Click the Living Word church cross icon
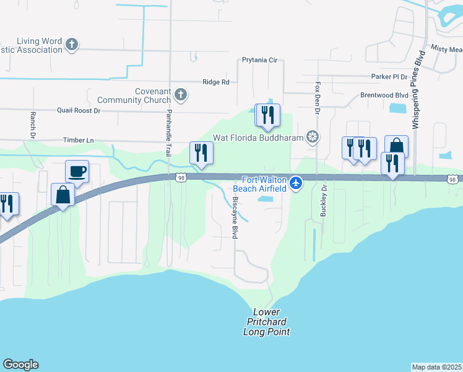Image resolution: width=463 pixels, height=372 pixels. coord(72,44)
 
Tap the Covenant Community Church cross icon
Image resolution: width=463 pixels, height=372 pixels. coord(181,94)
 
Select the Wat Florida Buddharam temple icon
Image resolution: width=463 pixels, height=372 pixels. coord(314,137)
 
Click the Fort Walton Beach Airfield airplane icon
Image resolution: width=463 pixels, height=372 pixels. coord(296,183)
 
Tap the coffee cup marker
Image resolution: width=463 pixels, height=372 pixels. coord(77,171)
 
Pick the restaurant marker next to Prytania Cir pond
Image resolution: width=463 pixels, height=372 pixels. coord(267,115)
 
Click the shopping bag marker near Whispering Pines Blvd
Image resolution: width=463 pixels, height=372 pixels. coord(396,146)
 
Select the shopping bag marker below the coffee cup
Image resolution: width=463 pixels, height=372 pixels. coord(64,195)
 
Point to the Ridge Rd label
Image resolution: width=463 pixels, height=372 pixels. coord(216,82)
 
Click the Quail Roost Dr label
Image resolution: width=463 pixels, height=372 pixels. coord(79,110)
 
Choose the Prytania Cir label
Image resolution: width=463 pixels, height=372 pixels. coord(260,61)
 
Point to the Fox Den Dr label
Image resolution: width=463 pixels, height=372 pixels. coord(318,98)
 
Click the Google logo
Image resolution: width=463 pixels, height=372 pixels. coord(20,365)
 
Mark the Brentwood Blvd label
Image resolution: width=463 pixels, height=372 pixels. coord(384,95)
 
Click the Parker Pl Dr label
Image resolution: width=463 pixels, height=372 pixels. coord(389,77)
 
